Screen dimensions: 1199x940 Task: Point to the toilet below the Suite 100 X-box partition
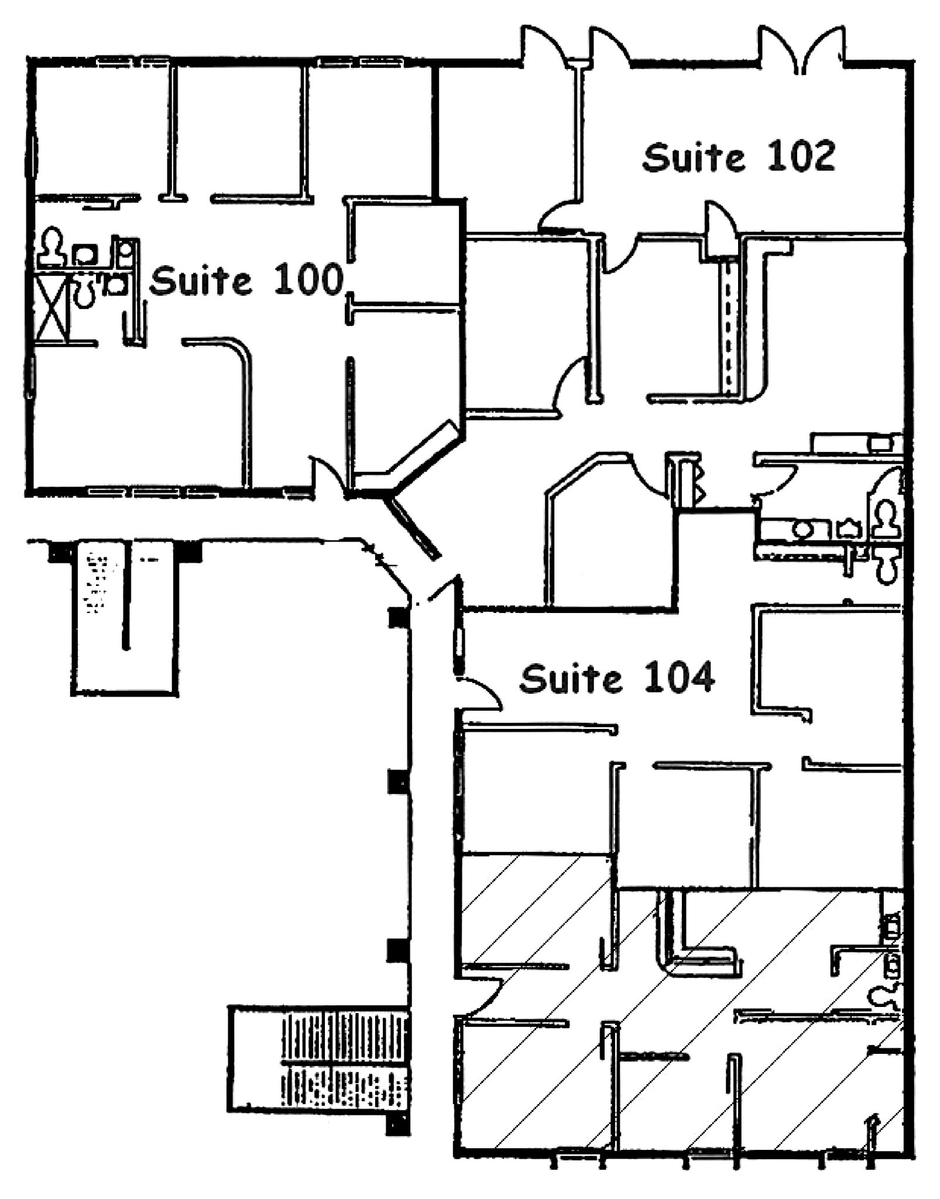click(x=84, y=292)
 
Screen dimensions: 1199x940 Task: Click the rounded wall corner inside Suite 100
click(x=240, y=351)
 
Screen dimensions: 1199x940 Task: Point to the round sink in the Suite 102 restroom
click(x=801, y=529)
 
